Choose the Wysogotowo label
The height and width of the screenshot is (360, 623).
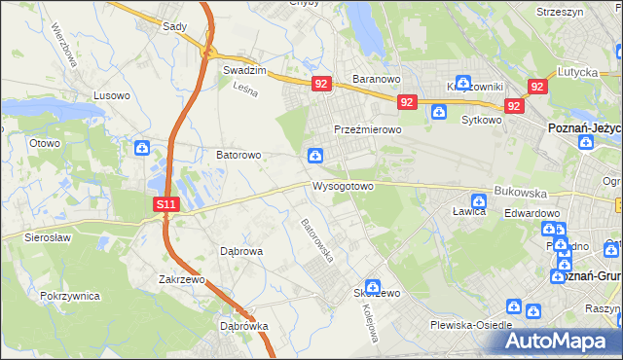343,186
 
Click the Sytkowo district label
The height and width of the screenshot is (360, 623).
481,121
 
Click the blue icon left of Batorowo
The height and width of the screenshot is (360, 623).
142,149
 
